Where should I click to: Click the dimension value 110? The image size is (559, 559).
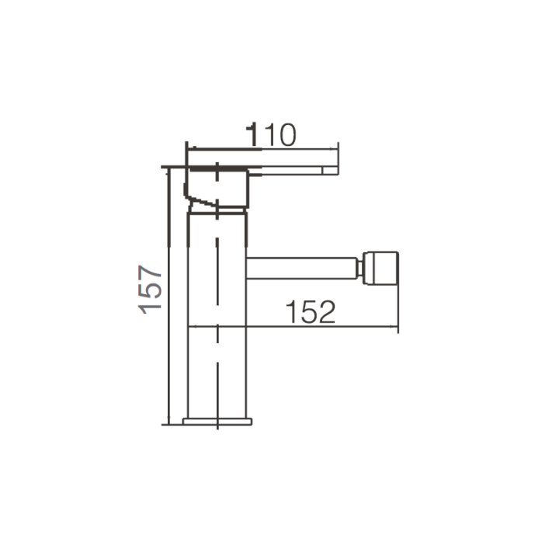point(271,134)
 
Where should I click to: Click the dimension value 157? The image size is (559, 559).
point(150,289)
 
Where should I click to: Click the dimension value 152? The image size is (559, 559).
point(311,311)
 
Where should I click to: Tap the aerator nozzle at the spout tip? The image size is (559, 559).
point(380,268)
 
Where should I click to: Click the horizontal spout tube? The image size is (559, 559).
point(301,268)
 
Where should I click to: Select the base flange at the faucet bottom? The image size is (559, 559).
point(217,422)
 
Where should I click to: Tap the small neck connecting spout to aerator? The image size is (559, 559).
point(360,268)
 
